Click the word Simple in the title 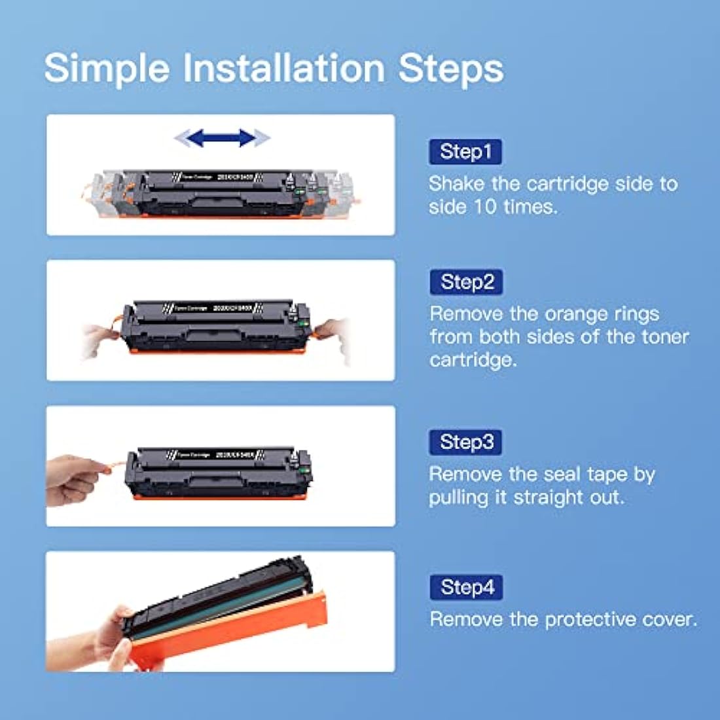click(x=107, y=69)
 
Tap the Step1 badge click(x=465, y=152)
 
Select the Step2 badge click(x=467, y=282)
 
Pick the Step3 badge click(x=466, y=442)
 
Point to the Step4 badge click(x=467, y=587)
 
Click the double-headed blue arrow click(x=222, y=138)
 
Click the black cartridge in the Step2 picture click(x=216, y=327)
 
